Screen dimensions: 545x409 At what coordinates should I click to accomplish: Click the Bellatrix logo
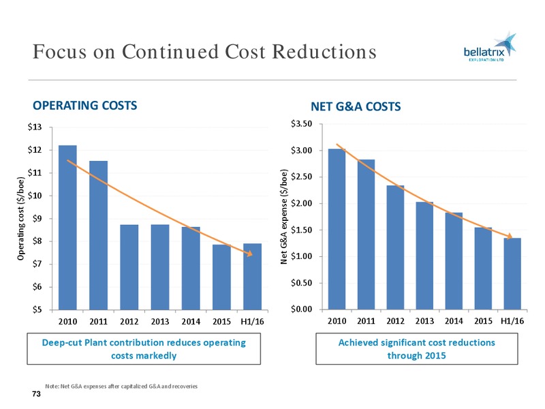click(x=490, y=48)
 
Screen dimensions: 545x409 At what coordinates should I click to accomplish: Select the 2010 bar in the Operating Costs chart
click(x=67, y=228)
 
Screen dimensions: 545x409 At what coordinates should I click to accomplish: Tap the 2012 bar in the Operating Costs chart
click(x=129, y=267)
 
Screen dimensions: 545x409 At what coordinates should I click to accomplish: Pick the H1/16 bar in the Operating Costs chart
click(x=252, y=277)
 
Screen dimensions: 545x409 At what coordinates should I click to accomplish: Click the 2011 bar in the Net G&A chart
click(x=366, y=234)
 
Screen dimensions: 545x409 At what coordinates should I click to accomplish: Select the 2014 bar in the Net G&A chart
click(x=454, y=261)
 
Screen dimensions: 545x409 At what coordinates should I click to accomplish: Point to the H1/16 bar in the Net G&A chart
click(x=512, y=274)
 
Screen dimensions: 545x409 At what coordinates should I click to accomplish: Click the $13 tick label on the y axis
click(x=35, y=127)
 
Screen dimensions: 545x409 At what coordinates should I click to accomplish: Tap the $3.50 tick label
click(x=302, y=124)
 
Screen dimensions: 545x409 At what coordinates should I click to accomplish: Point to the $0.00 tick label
click(x=302, y=309)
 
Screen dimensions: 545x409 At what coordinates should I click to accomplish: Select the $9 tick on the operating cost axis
click(x=37, y=218)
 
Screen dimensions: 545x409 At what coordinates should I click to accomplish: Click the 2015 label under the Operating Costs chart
click(x=222, y=321)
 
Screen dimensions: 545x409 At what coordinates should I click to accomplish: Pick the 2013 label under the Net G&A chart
click(x=424, y=320)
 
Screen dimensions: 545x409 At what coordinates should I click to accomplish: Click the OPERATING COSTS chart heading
click(x=84, y=106)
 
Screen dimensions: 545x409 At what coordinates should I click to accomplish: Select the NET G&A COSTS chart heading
click(x=356, y=106)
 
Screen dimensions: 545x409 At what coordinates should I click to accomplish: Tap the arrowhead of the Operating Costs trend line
click(x=249, y=254)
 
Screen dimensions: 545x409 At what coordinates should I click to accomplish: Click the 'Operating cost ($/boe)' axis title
click(x=21, y=218)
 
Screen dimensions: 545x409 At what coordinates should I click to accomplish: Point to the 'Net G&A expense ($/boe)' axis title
click(x=284, y=216)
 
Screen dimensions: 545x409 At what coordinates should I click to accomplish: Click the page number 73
click(x=36, y=394)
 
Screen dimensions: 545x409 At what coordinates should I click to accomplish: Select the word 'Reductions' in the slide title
click(x=324, y=52)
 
